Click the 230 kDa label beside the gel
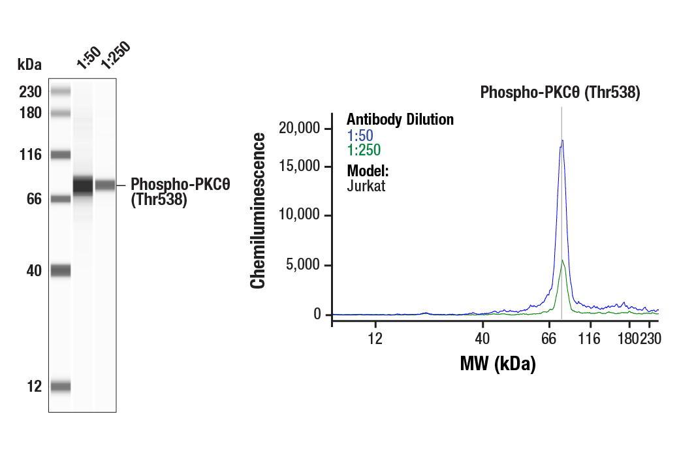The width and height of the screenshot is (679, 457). click(31, 92)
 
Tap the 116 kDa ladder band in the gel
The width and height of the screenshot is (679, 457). click(61, 155)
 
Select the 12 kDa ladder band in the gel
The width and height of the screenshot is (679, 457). click(61, 386)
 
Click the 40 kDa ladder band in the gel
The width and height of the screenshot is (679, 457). click(61, 270)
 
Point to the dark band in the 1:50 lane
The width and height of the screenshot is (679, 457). click(83, 185)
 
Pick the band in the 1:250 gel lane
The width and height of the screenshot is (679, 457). click(105, 185)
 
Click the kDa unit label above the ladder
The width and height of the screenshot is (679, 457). click(29, 65)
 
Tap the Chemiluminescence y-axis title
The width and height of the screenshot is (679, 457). click(259, 210)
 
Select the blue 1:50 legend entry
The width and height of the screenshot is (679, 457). click(360, 135)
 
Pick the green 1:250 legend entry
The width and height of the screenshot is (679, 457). click(364, 150)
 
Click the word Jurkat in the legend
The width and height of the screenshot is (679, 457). click(366, 185)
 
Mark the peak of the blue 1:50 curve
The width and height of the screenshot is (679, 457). click(561, 140)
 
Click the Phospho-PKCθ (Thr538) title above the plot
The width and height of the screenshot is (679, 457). click(560, 92)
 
